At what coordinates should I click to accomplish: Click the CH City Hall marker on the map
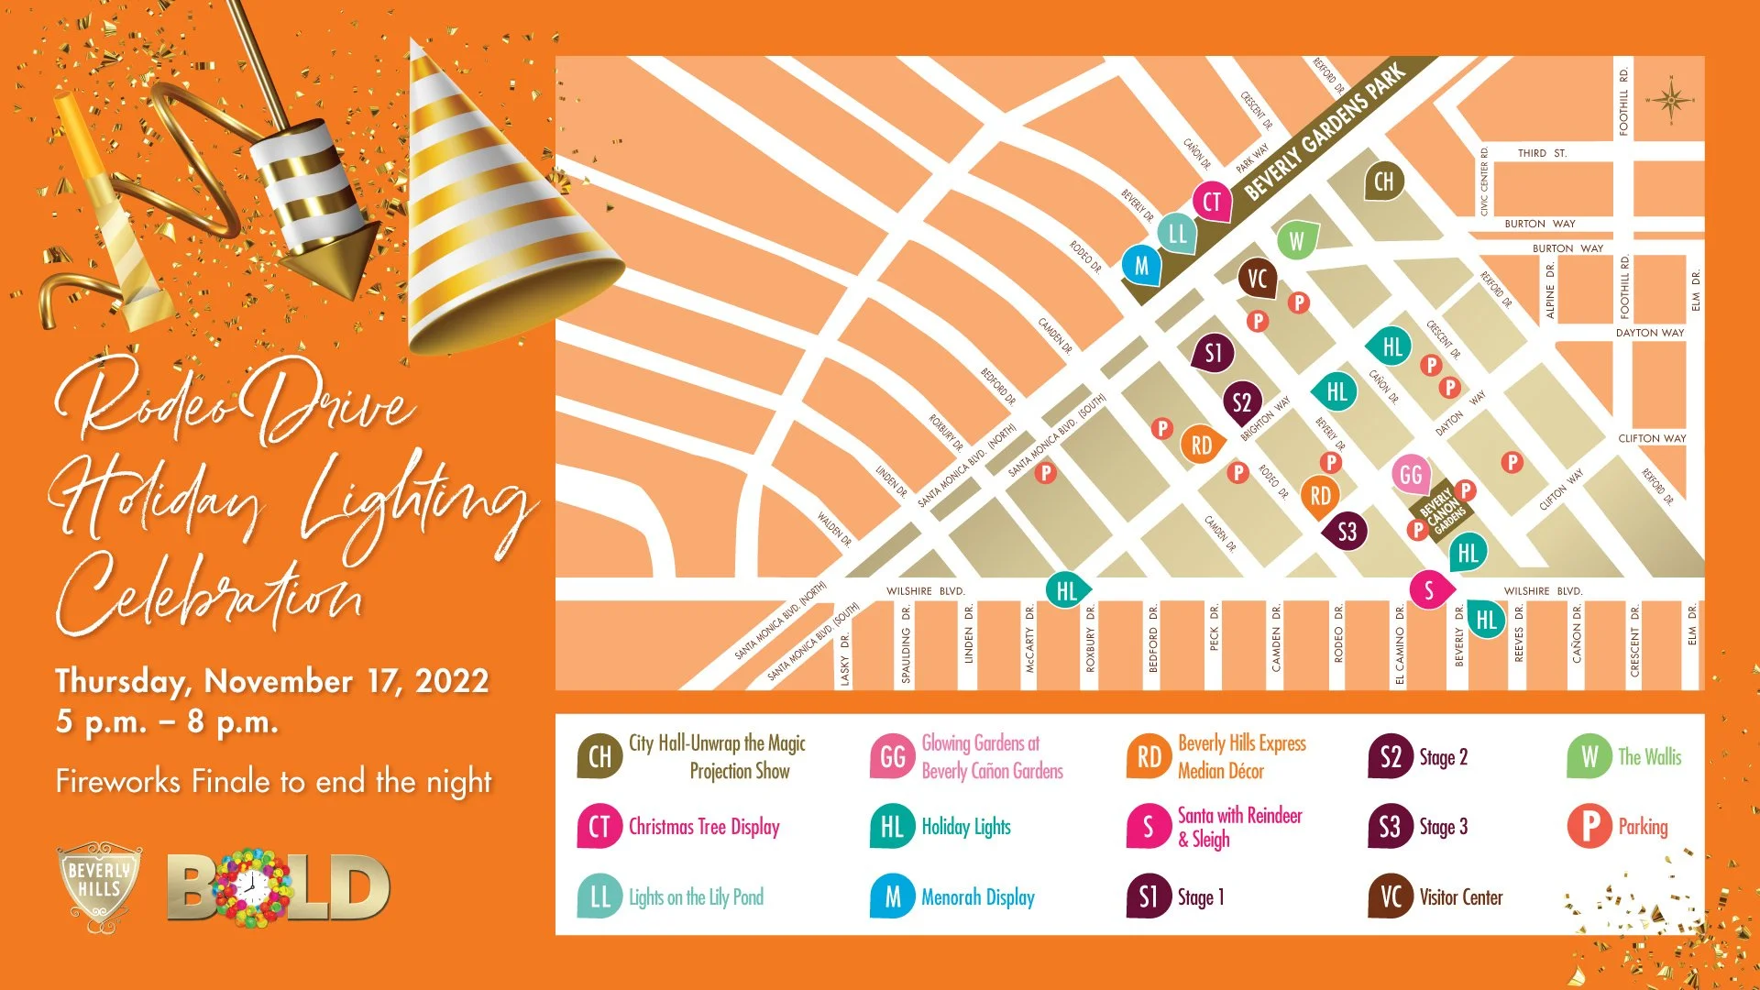1383,181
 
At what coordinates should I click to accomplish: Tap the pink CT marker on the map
1212,202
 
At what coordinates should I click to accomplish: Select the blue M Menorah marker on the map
1141,266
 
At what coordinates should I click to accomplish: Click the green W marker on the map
1296,241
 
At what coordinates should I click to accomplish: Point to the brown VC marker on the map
1257,278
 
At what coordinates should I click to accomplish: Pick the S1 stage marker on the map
1213,353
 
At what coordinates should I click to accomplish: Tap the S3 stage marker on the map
1346,532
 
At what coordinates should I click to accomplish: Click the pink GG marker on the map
1411,474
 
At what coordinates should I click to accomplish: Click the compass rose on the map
1670,100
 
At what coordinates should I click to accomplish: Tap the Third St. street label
1542,153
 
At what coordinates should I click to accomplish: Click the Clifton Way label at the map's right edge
1652,438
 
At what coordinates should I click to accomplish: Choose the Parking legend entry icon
1589,826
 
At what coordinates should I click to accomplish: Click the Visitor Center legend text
1461,897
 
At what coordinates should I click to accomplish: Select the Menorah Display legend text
978,897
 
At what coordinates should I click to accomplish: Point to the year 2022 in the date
452,681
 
